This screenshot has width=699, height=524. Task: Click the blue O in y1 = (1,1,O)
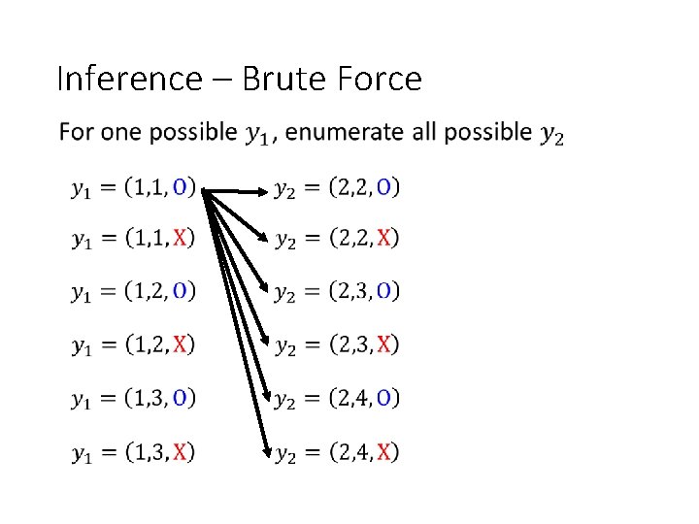coord(181,185)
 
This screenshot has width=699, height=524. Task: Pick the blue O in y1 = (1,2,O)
coord(181,291)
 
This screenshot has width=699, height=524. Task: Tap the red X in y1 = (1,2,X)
coord(181,344)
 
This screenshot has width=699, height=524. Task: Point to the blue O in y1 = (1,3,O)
coord(181,398)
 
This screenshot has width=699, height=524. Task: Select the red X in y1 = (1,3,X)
coord(181,451)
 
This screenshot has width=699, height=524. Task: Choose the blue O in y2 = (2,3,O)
coord(385,291)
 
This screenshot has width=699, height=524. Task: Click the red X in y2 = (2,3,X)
coord(385,344)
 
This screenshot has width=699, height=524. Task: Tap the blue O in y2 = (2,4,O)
coord(385,398)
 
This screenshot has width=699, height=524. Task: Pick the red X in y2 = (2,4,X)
coord(385,451)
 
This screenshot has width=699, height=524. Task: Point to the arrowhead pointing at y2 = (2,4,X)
coord(266,449)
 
